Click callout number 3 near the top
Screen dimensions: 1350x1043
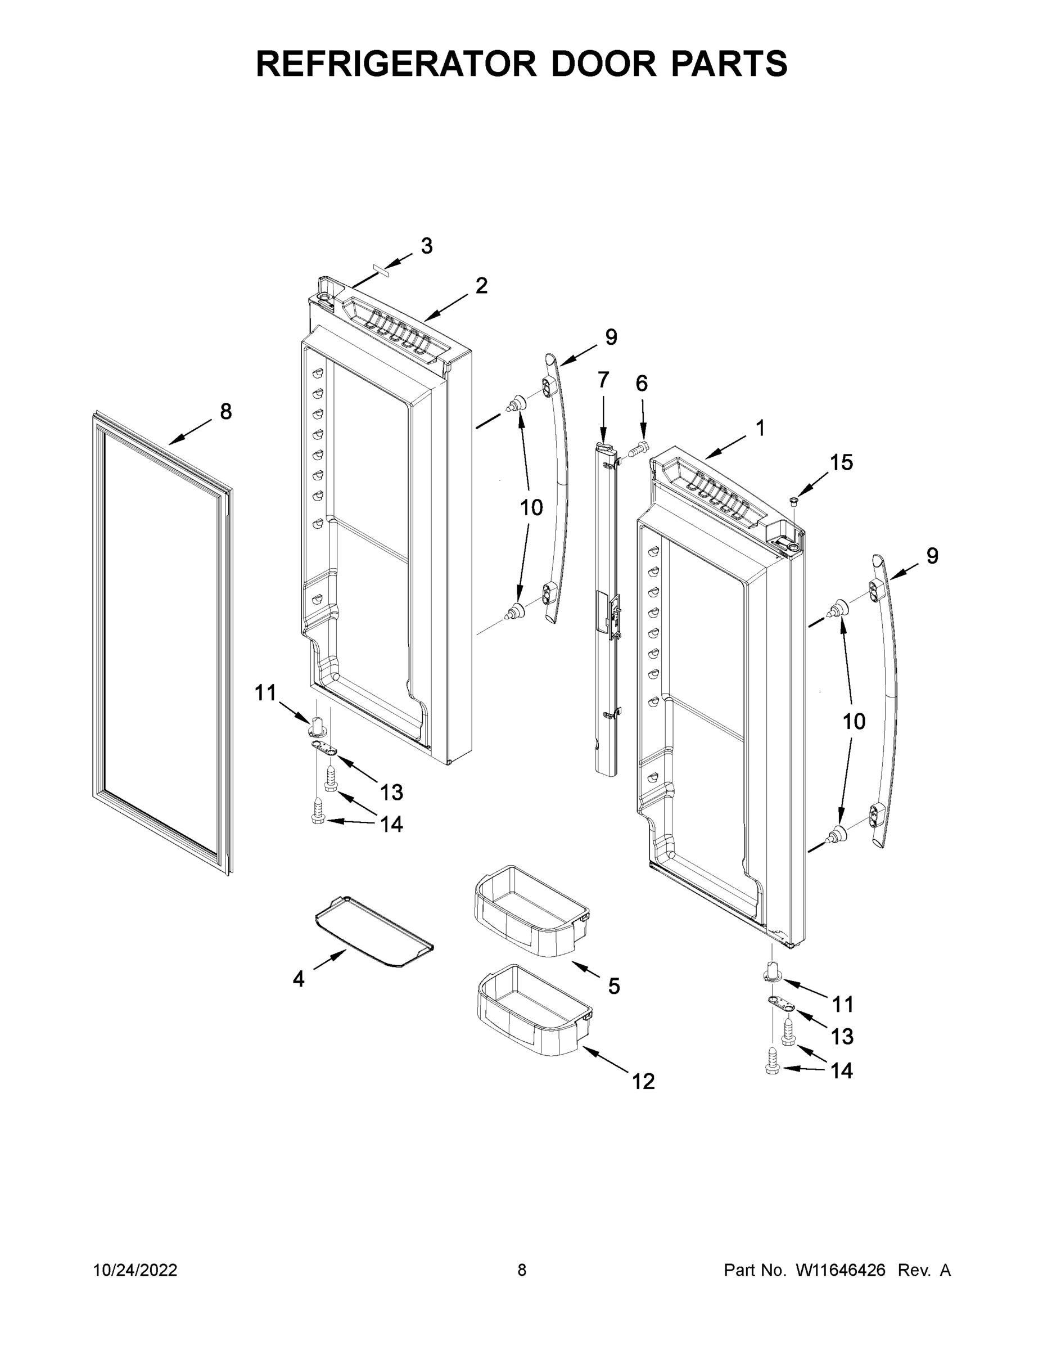point(426,246)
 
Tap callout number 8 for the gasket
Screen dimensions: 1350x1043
point(226,411)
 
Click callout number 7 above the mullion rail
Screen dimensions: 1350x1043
point(603,380)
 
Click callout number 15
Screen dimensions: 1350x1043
point(841,462)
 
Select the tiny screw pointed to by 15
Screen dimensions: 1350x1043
point(794,499)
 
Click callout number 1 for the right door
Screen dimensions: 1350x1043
point(760,427)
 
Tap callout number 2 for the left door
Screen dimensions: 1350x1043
point(481,286)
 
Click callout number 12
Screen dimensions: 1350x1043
point(643,1081)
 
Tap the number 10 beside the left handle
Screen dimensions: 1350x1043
point(531,507)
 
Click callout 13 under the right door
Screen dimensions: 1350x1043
point(842,1037)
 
